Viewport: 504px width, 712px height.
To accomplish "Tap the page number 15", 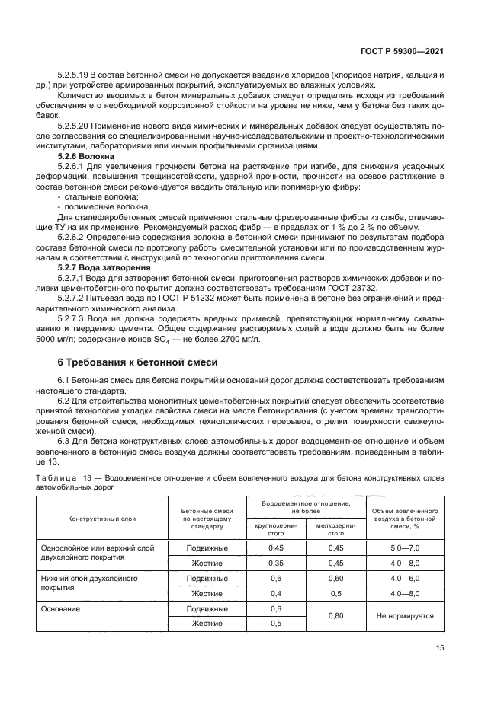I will [x=439, y=647].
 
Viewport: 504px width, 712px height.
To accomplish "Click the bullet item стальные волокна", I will [x=96, y=196].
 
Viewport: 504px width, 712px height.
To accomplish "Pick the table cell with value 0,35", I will [x=276, y=563].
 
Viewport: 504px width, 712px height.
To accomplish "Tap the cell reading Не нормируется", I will [x=405, y=616].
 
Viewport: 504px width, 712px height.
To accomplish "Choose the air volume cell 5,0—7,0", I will [x=405, y=548].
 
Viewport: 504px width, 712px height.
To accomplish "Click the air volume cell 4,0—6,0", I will [x=405, y=578].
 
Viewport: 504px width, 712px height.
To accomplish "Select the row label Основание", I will [x=61, y=609].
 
